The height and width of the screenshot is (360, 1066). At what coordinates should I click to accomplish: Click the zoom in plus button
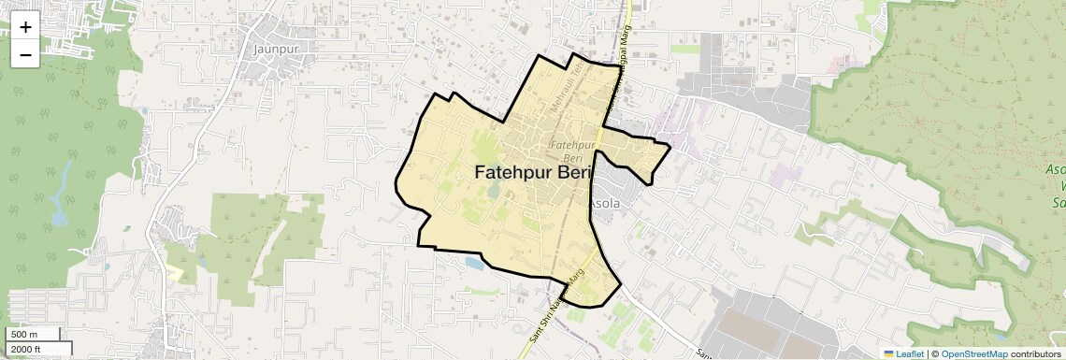[x=25, y=27]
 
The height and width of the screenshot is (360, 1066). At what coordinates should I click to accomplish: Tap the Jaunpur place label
[x=275, y=46]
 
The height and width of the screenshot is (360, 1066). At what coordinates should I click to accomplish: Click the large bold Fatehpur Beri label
[x=534, y=173]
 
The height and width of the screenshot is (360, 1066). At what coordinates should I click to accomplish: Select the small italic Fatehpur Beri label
[x=573, y=152]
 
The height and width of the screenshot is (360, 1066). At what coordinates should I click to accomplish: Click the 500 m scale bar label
[x=24, y=335]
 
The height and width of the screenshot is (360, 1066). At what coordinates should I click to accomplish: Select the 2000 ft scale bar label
[x=27, y=349]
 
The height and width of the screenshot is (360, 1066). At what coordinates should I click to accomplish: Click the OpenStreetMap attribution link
[x=974, y=353]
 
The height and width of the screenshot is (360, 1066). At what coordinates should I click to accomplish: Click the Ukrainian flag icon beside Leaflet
[x=889, y=353]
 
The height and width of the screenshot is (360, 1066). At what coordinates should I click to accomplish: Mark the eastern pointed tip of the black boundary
[x=670, y=147]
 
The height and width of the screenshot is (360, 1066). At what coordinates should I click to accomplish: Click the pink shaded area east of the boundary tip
[x=779, y=175]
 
